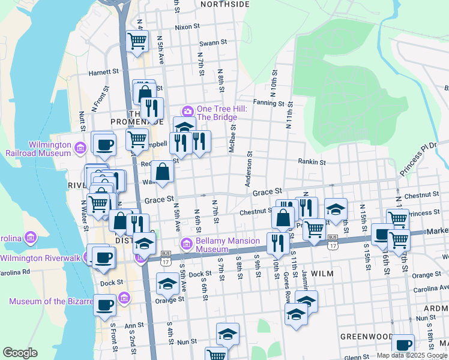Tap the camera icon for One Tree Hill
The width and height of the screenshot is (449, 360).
point(187,111)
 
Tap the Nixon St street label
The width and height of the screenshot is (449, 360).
point(187,27)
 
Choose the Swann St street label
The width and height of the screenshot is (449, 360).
point(213,43)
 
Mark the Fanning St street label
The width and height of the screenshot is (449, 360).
point(268,103)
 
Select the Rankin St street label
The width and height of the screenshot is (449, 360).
point(312,161)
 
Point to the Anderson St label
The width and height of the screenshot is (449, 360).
point(247,169)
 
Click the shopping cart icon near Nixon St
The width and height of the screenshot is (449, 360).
point(137,41)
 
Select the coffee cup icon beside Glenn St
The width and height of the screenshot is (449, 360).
point(403,345)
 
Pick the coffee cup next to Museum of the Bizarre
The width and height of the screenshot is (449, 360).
point(104,304)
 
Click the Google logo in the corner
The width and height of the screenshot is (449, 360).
point(20,353)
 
